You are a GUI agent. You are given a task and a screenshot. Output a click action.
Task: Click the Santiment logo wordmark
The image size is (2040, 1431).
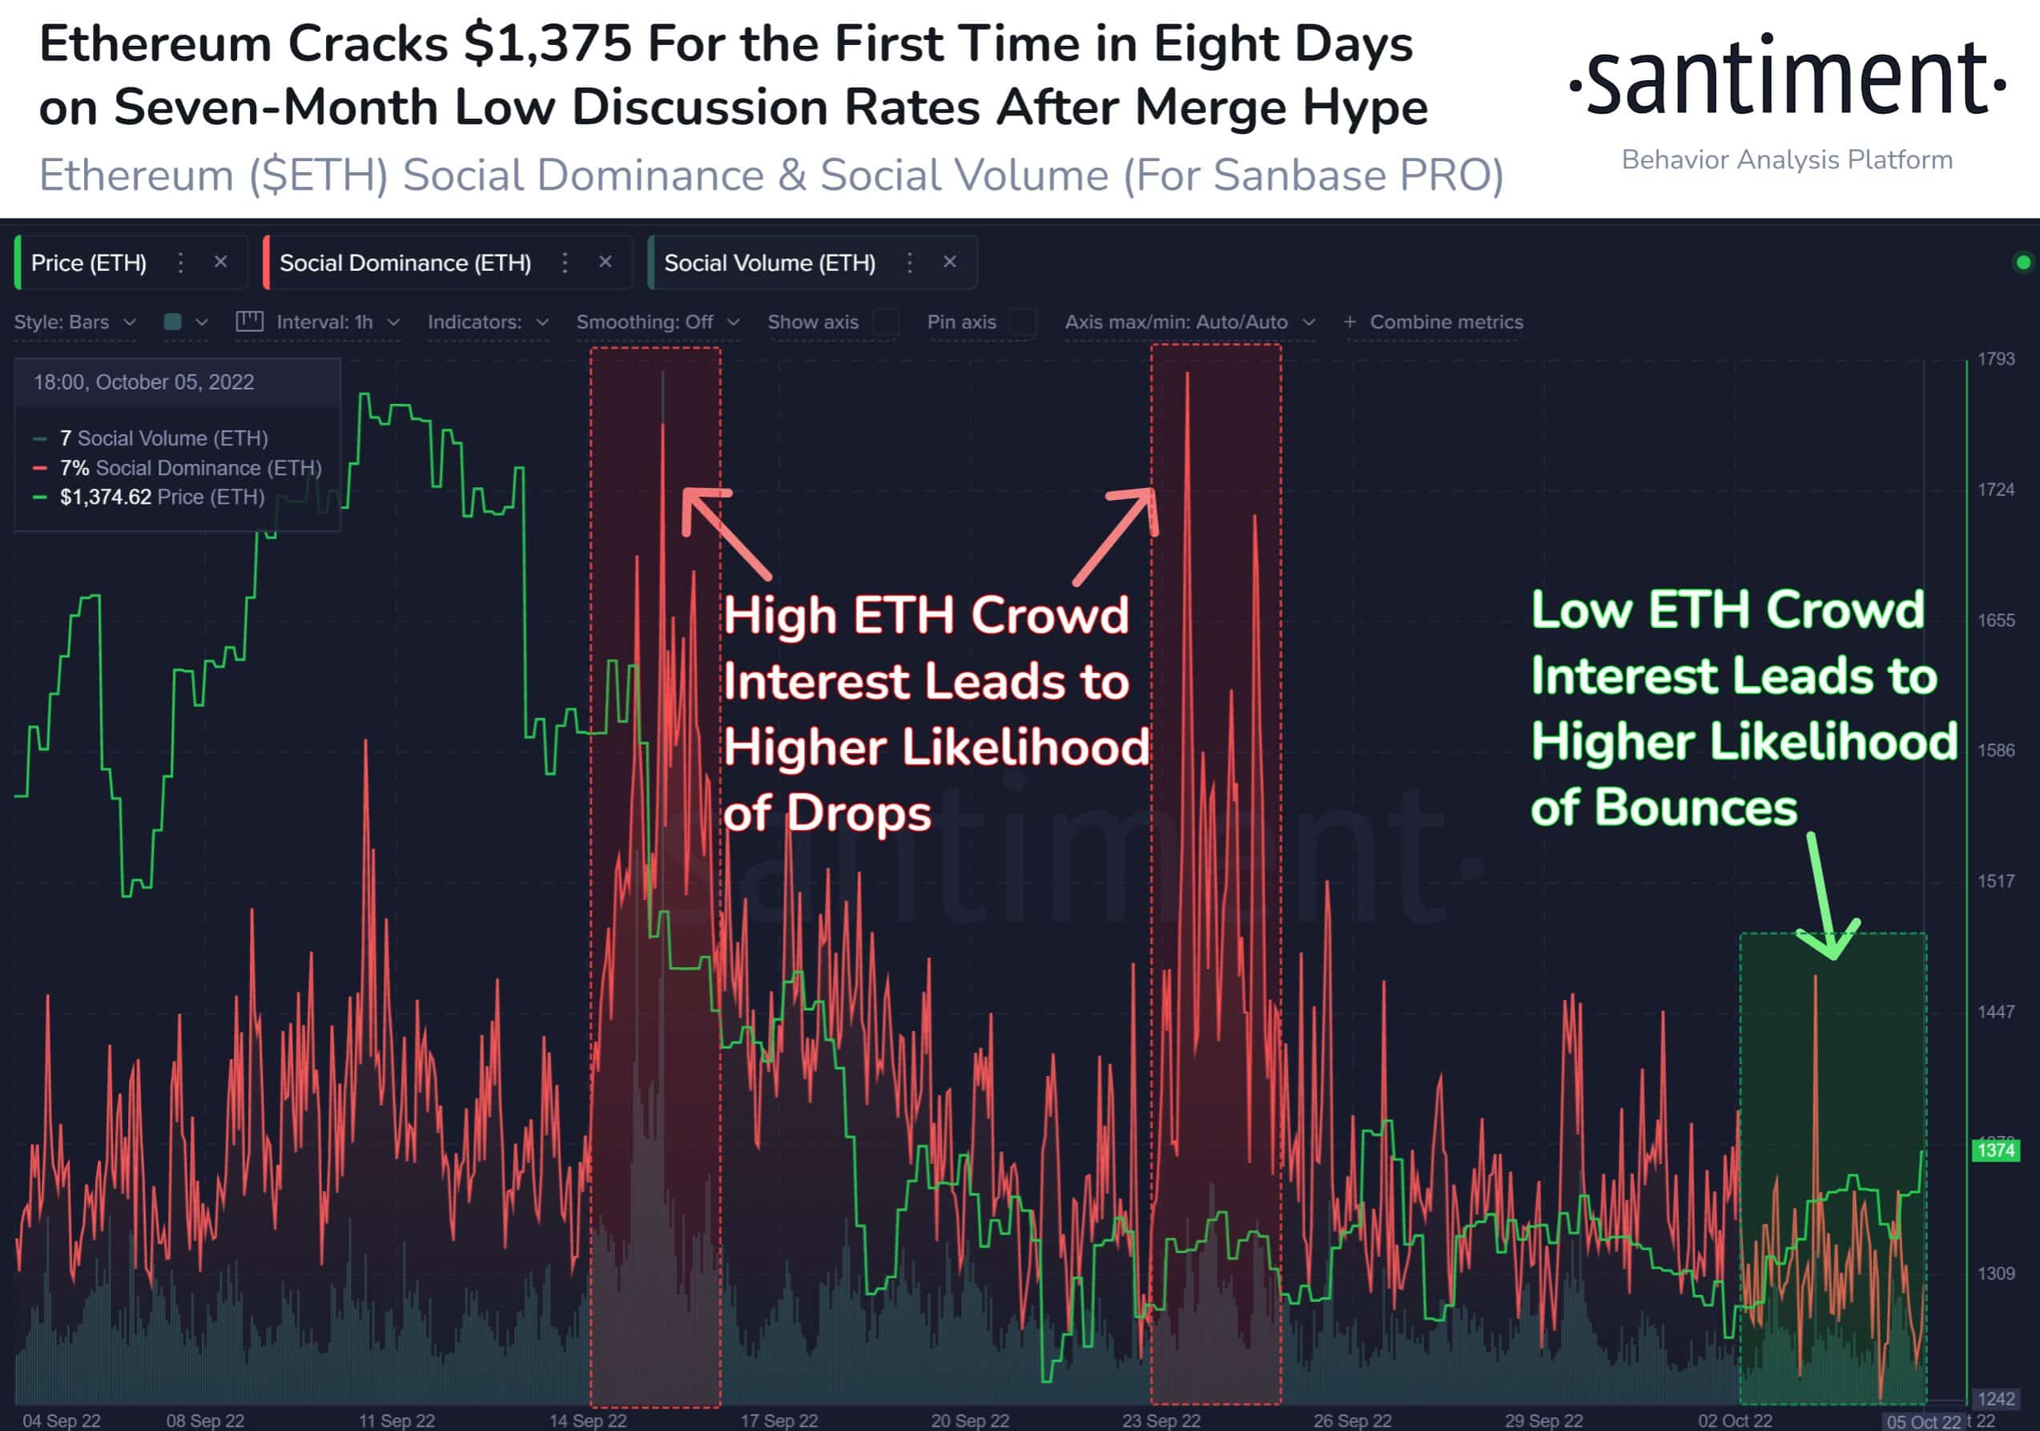click(1786, 80)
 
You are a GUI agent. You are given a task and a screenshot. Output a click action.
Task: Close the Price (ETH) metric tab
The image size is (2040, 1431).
click(220, 262)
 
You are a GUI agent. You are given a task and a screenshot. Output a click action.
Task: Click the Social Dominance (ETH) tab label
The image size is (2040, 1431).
click(405, 263)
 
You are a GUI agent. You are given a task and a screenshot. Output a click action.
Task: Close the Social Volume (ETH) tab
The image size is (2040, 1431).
click(950, 262)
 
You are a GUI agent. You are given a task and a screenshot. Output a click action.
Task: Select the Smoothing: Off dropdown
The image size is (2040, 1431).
click(658, 322)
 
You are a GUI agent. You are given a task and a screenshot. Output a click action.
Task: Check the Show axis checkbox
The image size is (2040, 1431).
click(886, 322)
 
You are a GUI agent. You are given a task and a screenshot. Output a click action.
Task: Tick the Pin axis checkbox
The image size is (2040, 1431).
click(1024, 322)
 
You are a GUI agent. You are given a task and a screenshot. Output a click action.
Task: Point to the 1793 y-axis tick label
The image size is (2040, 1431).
click(1996, 359)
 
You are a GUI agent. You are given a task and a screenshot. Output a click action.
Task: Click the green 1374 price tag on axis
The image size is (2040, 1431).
click(1996, 1150)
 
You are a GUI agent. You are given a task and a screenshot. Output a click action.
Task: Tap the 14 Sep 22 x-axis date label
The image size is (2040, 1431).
click(587, 1421)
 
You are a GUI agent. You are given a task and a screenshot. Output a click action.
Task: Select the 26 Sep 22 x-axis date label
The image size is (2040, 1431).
click(1352, 1421)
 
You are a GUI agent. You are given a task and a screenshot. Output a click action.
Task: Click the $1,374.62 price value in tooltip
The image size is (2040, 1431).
click(106, 497)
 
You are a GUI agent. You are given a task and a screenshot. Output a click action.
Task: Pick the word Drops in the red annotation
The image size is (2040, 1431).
click(859, 813)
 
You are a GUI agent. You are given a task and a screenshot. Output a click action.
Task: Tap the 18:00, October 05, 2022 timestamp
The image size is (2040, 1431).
click(144, 382)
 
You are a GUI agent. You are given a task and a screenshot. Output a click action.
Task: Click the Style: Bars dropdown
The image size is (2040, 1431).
click(74, 322)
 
